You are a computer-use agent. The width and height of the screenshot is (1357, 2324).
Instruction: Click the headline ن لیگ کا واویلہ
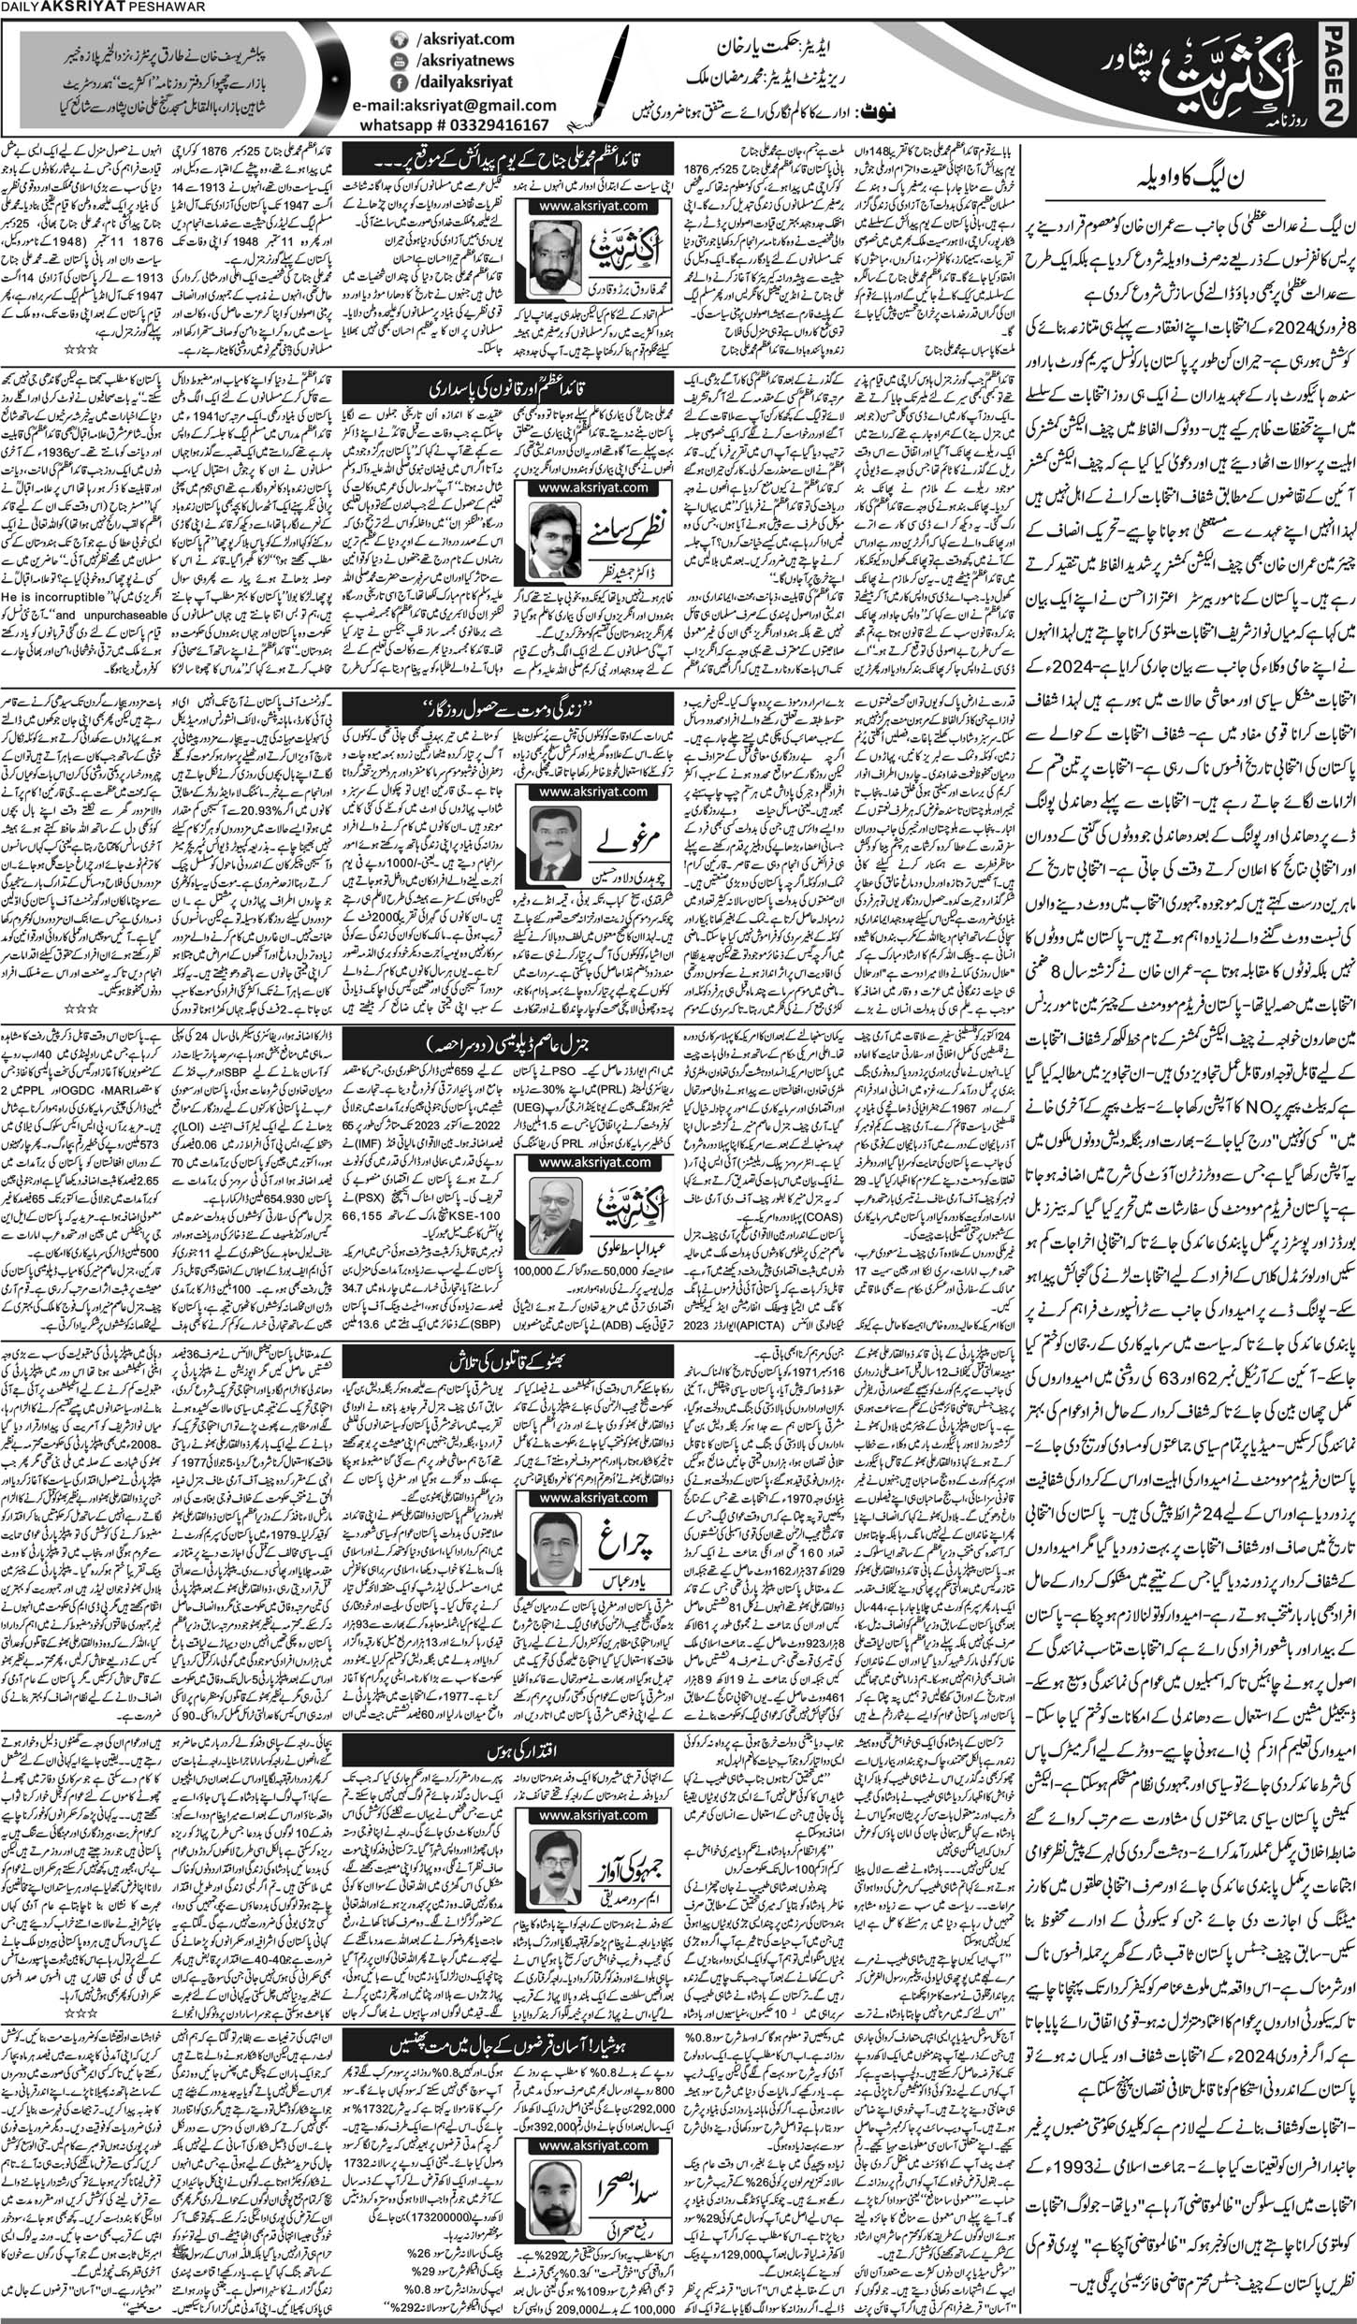click(1184, 172)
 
